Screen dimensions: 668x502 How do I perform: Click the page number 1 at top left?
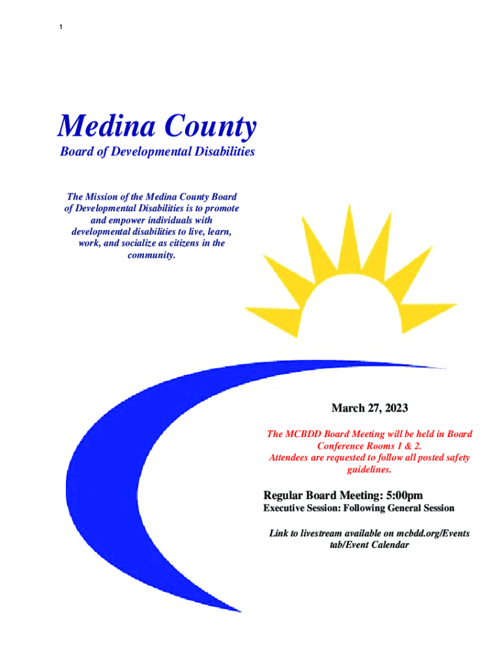click(60, 27)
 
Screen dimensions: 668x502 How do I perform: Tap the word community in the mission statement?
click(152, 256)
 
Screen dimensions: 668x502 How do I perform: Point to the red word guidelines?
click(368, 469)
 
